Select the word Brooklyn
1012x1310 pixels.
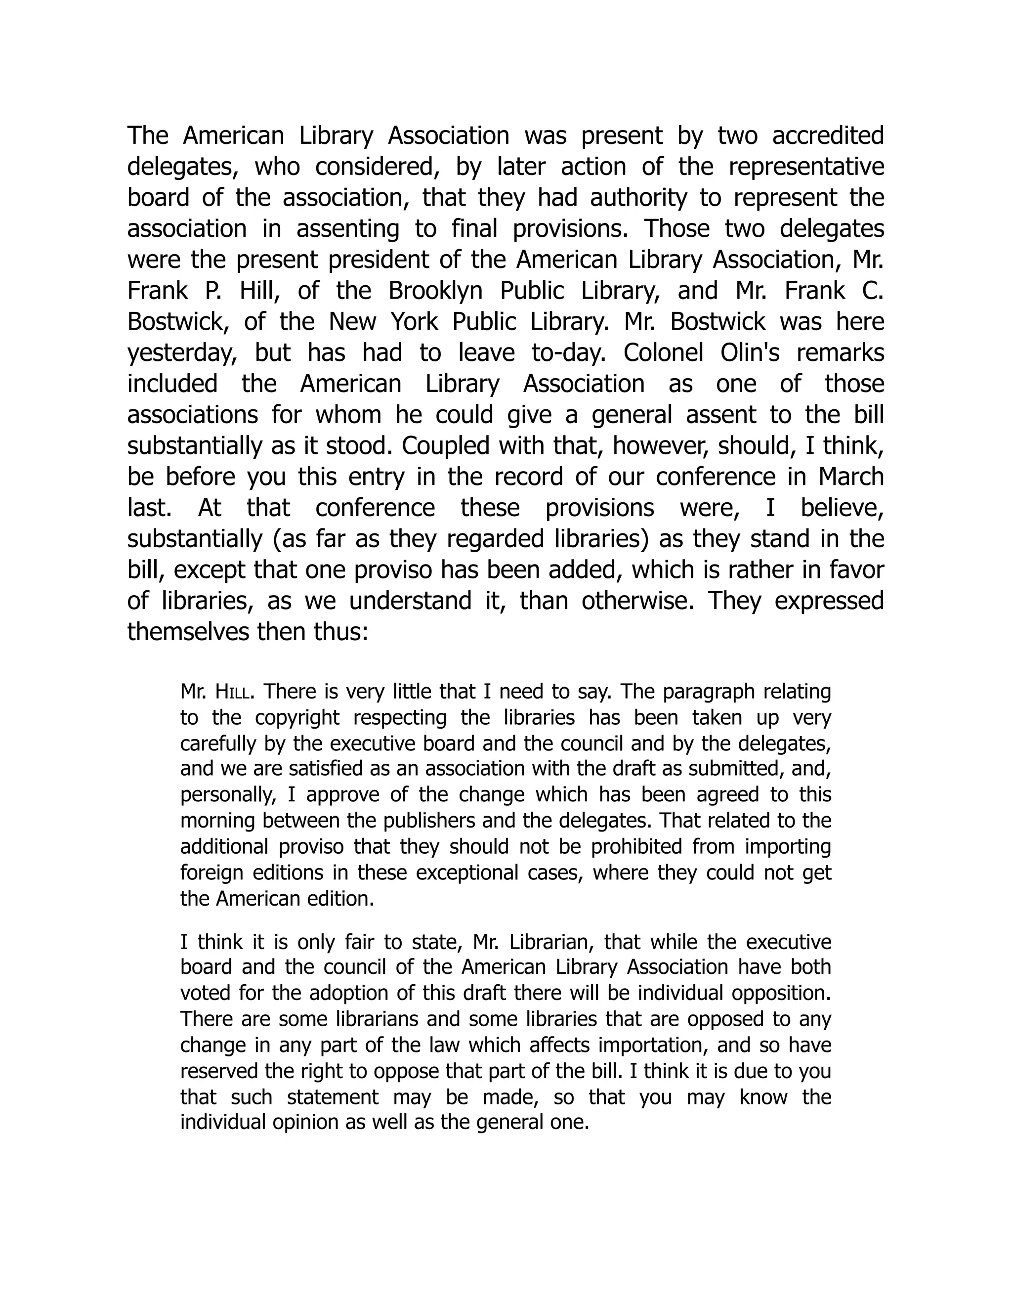point(435,291)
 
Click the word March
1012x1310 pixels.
point(851,477)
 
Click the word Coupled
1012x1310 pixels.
point(443,446)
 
